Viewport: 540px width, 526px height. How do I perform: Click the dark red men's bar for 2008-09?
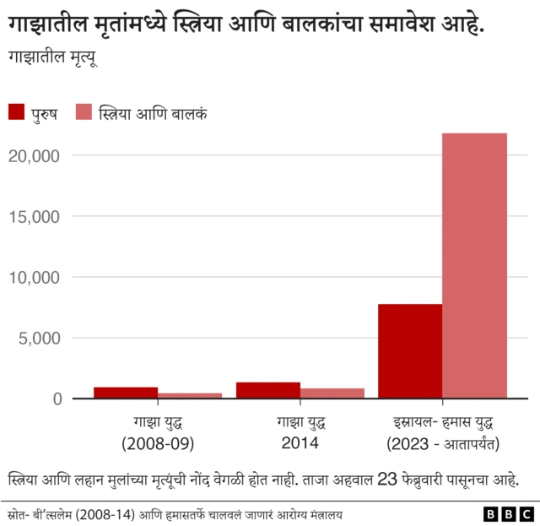pos(126,393)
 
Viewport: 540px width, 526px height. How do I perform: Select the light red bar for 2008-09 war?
pos(190,395)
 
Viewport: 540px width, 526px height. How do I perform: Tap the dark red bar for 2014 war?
pos(268,390)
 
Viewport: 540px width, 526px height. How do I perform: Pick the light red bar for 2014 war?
pos(332,393)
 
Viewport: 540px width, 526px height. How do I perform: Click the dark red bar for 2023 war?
pos(410,351)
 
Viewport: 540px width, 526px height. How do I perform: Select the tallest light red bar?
pos(475,265)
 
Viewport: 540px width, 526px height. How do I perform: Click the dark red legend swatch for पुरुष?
pos(17,112)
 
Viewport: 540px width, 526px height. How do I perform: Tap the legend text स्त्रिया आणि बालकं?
pos(154,112)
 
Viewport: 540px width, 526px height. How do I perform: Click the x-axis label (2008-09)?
pos(158,443)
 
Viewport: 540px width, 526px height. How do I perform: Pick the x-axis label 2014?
pos(300,443)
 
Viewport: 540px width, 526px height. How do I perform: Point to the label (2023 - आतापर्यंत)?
pos(443,443)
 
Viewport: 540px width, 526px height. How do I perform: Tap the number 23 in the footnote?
pos(387,480)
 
